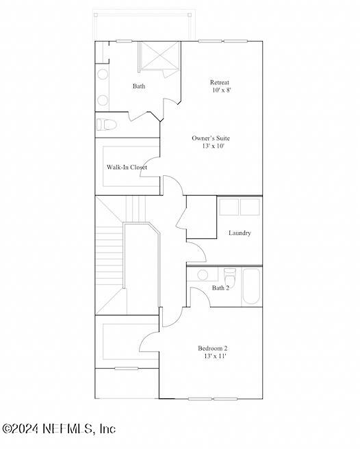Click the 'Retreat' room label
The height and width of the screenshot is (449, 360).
click(x=219, y=83)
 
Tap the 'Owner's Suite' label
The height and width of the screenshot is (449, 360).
click(x=210, y=138)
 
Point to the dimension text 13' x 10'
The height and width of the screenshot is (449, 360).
click(x=212, y=146)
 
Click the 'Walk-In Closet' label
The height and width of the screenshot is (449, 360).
click(x=126, y=167)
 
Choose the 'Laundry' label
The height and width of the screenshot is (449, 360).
click(x=239, y=233)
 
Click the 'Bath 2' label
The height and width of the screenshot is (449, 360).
click(x=220, y=287)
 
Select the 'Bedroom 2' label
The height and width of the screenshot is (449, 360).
click(x=212, y=348)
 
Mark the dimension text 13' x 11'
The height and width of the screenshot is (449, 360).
click(x=213, y=356)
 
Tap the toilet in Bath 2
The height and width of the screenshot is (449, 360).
click(x=230, y=276)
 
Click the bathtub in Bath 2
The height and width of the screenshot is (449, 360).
click(x=251, y=286)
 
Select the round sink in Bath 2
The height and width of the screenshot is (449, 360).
click(x=203, y=274)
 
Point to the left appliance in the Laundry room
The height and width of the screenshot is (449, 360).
click(x=229, y=207)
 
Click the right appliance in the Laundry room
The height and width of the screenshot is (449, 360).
click(x=250, y=207)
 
